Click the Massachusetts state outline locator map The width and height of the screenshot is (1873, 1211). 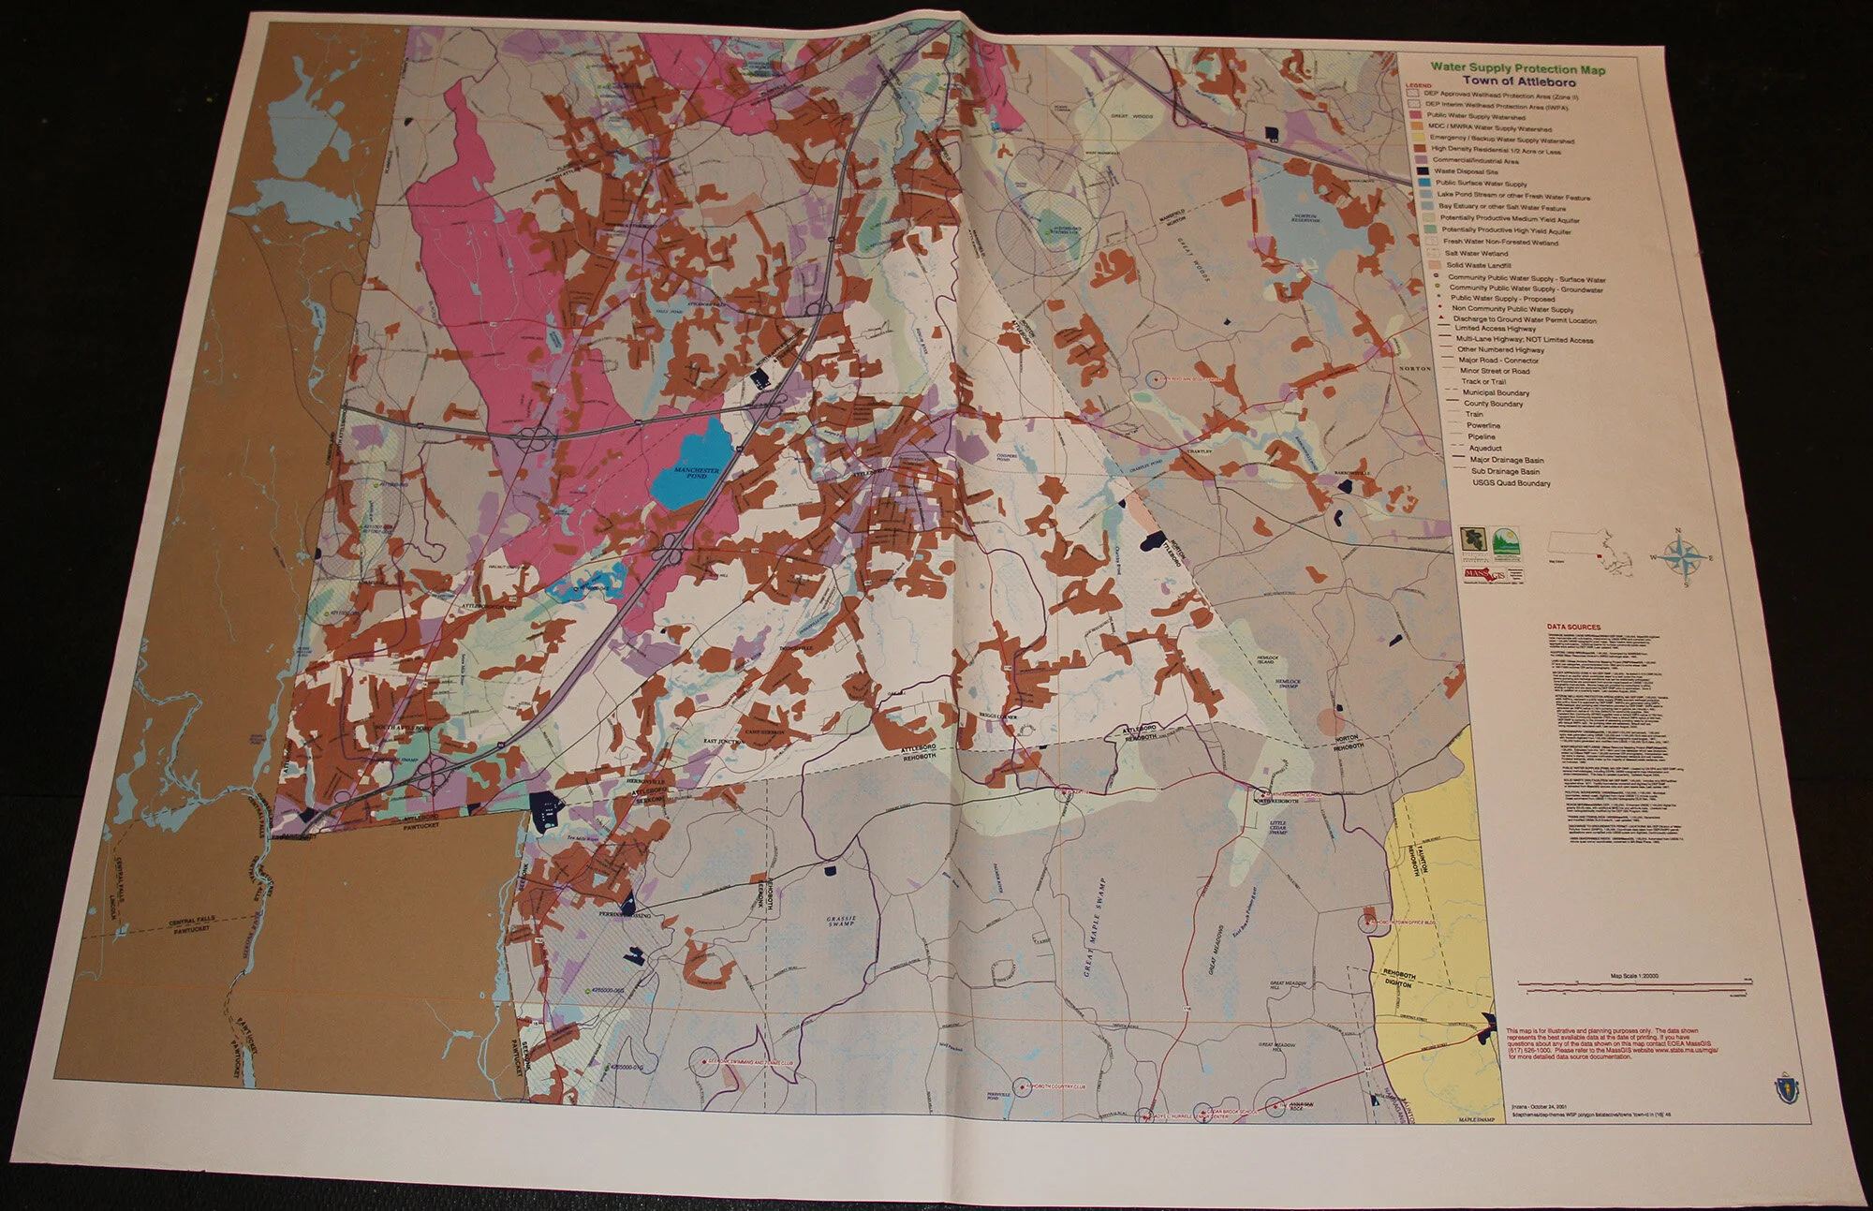pos(1592,546)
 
